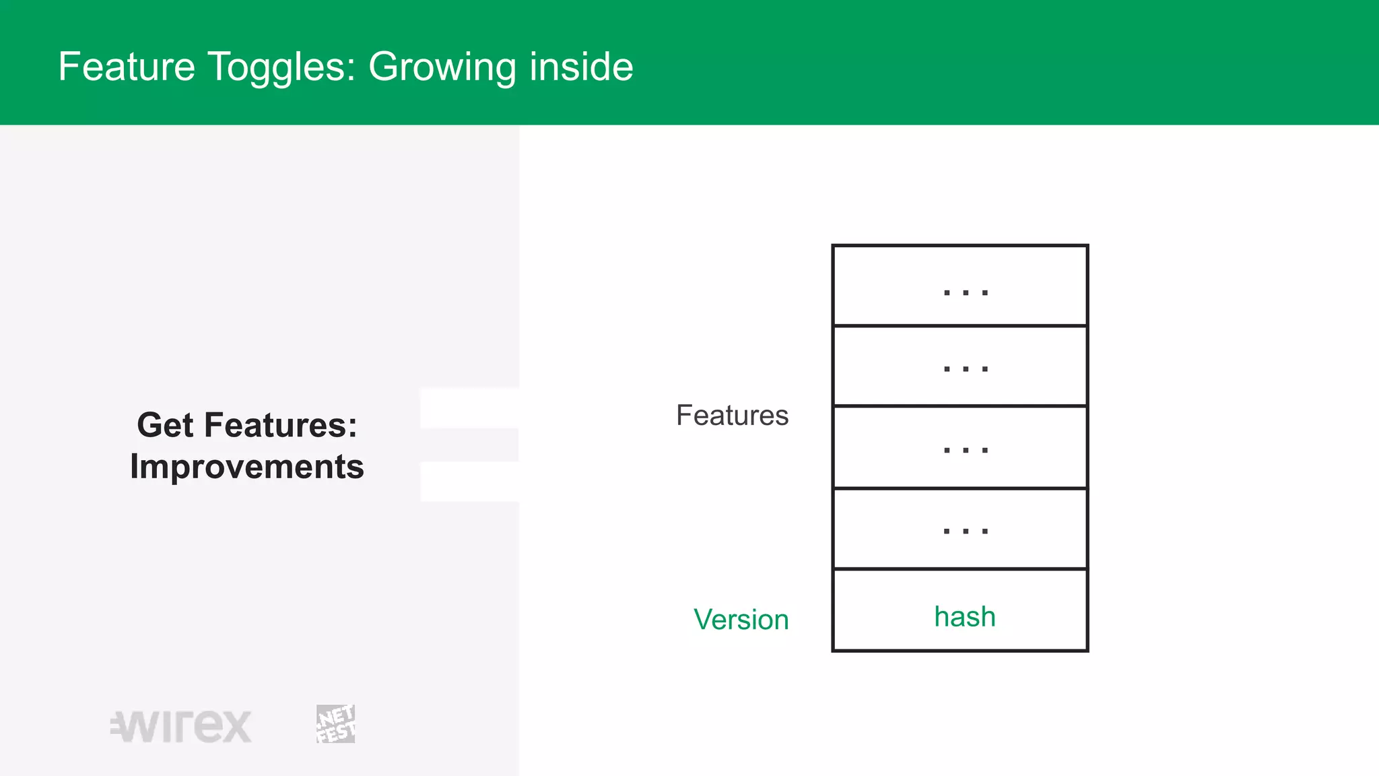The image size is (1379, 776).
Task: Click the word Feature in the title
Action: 127,67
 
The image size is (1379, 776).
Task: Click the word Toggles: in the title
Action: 281,67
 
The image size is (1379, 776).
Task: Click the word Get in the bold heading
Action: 165,425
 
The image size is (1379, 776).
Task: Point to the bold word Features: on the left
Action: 280,425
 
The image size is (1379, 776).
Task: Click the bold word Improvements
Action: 247,467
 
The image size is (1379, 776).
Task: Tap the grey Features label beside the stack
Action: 732,416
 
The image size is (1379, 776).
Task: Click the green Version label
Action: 741,620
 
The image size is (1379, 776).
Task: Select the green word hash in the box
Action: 964,617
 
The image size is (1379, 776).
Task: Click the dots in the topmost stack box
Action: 966,292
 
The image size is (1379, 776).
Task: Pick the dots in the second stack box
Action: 966,369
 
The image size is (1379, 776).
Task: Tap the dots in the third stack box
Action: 966,450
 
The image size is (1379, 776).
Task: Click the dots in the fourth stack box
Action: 966,531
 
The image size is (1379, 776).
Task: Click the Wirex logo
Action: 181,726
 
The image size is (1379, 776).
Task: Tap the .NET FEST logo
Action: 335,724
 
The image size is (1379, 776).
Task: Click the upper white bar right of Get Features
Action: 469,408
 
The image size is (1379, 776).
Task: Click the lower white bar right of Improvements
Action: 469,482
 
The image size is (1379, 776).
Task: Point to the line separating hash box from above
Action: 960,569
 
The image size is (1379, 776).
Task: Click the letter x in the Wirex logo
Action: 235,727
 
